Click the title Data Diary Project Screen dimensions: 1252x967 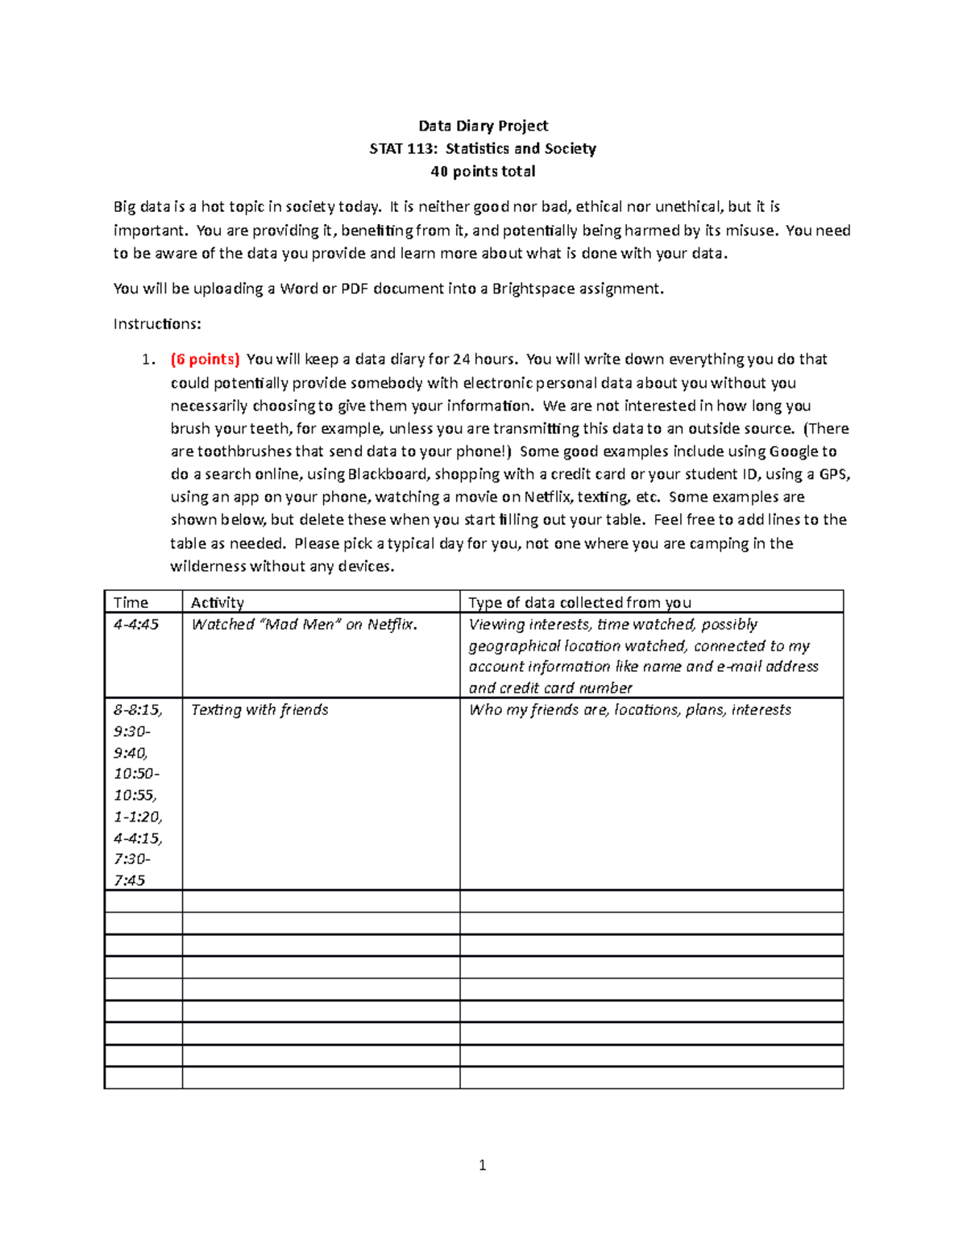tap(483, 126)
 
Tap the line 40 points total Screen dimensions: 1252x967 tap(483, 172)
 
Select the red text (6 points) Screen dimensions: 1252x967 tap(205, 360)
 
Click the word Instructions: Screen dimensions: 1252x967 tap(157, 324)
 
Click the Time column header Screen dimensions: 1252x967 tap(131, 602)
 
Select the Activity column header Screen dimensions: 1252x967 tap(218, 602)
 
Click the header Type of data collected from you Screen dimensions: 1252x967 tap(579, 602)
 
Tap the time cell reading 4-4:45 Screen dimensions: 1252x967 tap(136, 625)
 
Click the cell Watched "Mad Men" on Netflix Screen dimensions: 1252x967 tap(305, 625)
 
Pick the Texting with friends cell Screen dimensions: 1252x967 tap(259, 710)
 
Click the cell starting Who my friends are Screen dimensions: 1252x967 tap(629, 710)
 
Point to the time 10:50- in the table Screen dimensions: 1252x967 tap(136, 774)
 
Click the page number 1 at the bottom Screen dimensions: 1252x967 tap(482, 1165)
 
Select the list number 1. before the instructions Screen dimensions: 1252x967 tap(147, 360)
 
